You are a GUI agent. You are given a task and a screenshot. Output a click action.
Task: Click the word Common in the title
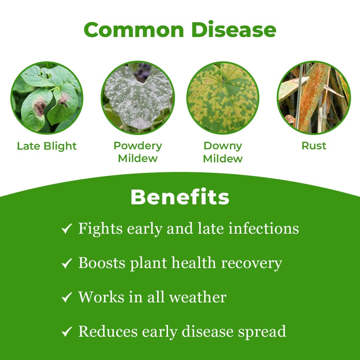[134, 30]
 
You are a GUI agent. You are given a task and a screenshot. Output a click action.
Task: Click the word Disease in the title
[234, 30]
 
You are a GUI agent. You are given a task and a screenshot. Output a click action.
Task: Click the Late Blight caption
[47, 146]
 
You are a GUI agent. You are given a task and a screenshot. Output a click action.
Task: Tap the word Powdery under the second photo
[138, 146]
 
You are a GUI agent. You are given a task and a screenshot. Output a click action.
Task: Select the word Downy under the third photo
[223, 146]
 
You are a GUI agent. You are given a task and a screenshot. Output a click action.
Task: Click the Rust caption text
[314, 146]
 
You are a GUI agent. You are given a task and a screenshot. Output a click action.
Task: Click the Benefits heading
[180, 197]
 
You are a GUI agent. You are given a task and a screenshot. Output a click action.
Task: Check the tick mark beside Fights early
[67, 229]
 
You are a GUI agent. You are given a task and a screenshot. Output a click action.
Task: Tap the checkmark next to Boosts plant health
[67, 263]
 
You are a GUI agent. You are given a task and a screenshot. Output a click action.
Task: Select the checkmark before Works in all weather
[67, 297]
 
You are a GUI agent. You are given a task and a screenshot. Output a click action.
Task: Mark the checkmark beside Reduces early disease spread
[67, 332]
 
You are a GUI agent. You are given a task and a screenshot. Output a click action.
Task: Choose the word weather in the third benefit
[198, 297]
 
